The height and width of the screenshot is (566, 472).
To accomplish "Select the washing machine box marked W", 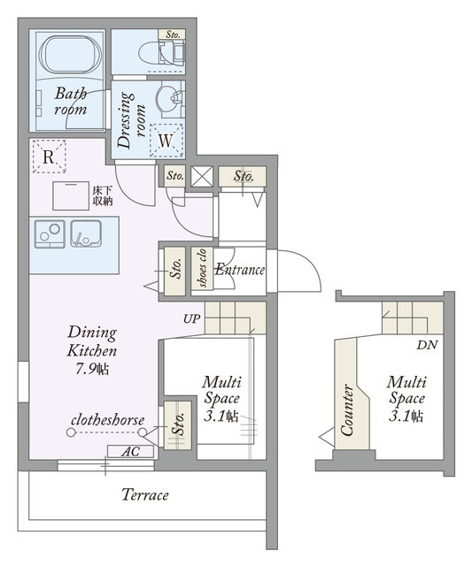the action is click(166, 141).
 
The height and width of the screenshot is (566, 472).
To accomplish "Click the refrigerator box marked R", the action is click(49, 157).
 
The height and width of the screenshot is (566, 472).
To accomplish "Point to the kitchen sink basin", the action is click(86, 233).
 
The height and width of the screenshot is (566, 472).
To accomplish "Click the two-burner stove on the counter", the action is click(50, 233).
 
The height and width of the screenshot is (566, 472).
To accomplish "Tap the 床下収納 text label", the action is click(102, 196).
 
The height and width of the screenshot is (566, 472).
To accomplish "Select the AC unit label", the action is click(130, 452).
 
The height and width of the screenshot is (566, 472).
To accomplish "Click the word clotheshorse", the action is click(108, 420).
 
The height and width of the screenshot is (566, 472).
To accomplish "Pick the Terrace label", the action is click(145, 494).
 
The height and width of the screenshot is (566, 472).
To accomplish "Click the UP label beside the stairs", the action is click(191, 319).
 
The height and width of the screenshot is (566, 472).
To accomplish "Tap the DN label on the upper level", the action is click(427, 345).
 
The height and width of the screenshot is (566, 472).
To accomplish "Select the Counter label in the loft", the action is click(347, 409).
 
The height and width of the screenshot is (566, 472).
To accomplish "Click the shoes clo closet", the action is click(202, 268).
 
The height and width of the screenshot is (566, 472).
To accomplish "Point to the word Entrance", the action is click(240, 270).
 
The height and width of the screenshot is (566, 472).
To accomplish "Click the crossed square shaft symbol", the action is click(202, 177).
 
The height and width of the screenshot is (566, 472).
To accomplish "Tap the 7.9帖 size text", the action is click(92, 369).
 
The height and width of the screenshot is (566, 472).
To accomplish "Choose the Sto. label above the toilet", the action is click(173, 34).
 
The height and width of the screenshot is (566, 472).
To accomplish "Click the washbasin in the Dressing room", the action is click(169, 98).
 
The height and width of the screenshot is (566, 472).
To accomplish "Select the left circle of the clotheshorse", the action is click(71, 432).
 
